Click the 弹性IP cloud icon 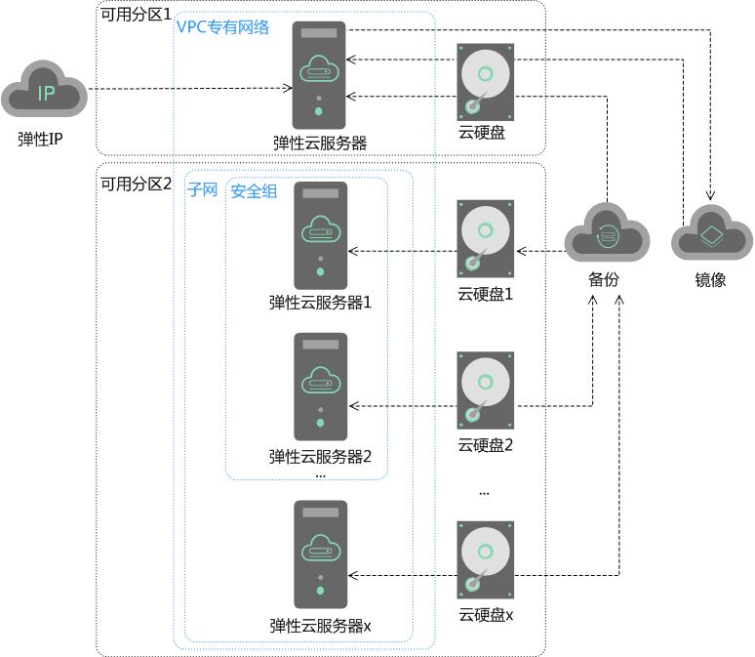(x=45, y=92)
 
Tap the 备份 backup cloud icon (x=606, y=234)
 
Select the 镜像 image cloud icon (x=711, y=235)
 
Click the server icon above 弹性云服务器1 (x=320, y=234)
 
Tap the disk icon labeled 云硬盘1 (x=485, y=239)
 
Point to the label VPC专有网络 (x=222, y=26)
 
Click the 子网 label (x=202, y=191)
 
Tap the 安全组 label (x=254, y=191)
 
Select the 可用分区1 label (x=136, y=15)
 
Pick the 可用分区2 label (x=136, y=184)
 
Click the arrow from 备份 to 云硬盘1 (x=541, y=251)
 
